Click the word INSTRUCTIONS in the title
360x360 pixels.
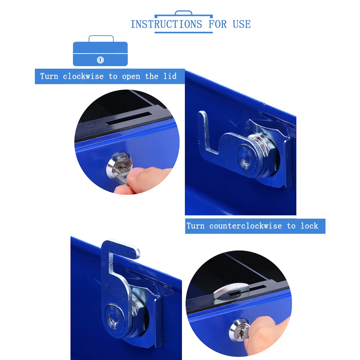(x=166, y=24)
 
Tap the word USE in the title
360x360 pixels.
(x=242, y=24)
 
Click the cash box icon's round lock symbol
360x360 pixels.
(x=100, y=60)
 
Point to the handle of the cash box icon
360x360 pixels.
(x=101, y=38)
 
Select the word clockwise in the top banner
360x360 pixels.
(x=83, y=76)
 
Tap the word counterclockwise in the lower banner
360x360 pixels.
(x=246, y=226)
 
